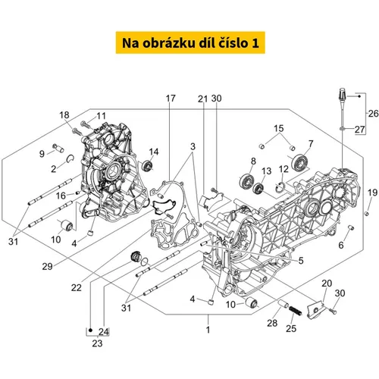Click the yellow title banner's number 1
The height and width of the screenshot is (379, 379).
pos(255,43)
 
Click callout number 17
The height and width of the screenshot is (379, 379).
pos(171,99)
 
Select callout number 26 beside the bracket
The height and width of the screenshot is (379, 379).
pos(373,114)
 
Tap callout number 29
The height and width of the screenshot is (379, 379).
pos(47,267)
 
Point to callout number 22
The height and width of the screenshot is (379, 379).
pos(77,287)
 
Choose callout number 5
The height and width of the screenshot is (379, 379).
pos(301,261)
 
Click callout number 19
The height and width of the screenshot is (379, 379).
pos(372,193)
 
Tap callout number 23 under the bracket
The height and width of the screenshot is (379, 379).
pos(97,343)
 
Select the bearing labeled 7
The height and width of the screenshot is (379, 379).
pos(299,161)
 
